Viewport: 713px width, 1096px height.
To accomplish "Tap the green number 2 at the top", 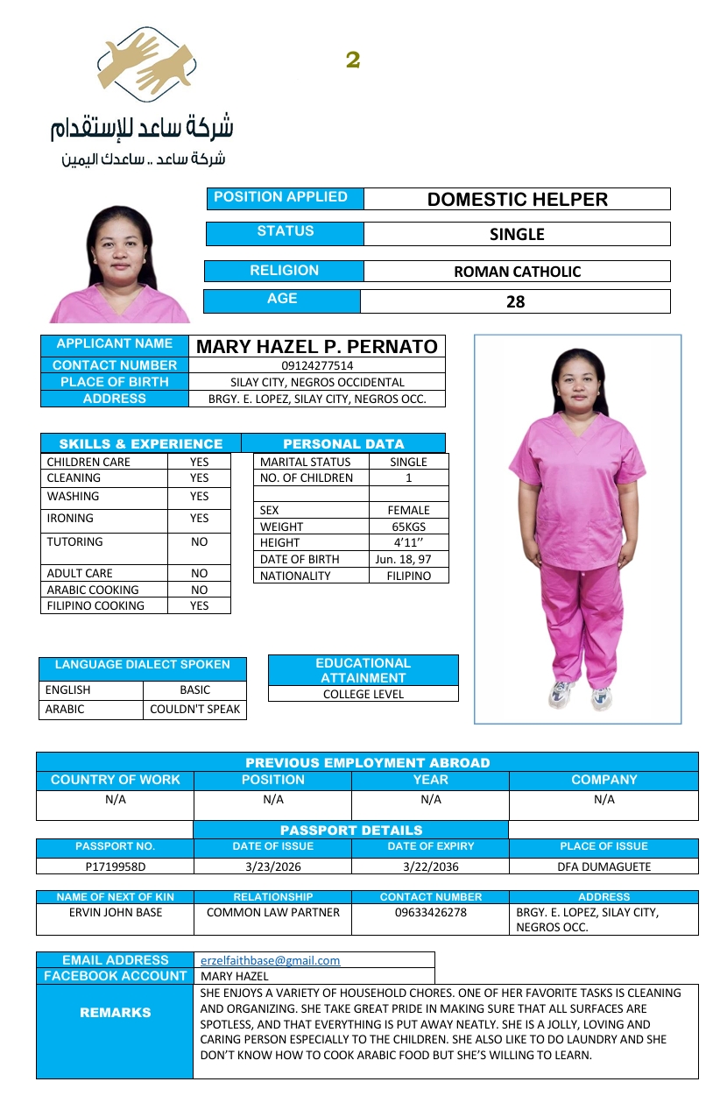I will [x=353, y=60].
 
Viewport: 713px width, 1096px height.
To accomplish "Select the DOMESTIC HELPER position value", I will [x=517, y=199].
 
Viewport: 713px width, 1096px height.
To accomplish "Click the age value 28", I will [x=516, y=302].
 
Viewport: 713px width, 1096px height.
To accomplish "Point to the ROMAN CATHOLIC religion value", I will [x=517, y=272].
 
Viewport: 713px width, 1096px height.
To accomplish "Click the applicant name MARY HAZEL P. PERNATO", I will [x=317, y=346].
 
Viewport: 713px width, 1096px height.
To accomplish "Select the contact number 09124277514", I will [x=317, y=365].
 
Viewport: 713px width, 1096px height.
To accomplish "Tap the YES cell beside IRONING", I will [x=200, y=519].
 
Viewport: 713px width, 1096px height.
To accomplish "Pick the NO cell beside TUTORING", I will [x=200, y=542].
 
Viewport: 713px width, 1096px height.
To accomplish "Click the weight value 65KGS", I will [x=409, y=527].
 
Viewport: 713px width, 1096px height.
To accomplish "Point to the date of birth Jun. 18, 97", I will [x=408, y=559].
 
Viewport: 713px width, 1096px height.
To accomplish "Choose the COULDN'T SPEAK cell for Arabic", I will [x=194, y=710].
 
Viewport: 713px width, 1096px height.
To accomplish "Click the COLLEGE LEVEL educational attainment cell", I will [x=364, y=694].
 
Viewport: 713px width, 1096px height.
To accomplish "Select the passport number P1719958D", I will [x=115, y=866].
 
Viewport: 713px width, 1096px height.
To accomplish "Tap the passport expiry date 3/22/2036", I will [x=430, y=866].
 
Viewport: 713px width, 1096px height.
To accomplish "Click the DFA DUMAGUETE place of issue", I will [x=604, y=866].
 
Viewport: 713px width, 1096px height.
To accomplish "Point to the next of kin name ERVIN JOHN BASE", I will [x=115, y=913].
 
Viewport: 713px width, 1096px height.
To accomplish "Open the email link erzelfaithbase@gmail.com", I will [x=271, y=960].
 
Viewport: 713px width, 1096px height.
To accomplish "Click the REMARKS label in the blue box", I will [x=115, y=1013].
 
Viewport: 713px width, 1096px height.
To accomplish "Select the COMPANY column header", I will [x=604, y=780].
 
